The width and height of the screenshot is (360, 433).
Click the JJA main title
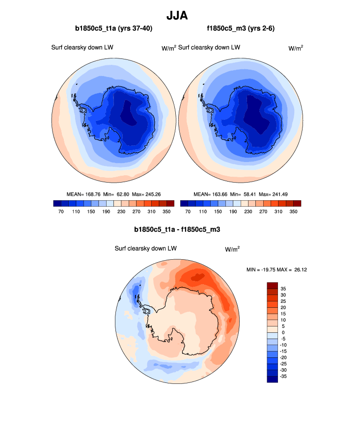[180, 16]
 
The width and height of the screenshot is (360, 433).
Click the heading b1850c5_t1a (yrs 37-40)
[113, 28]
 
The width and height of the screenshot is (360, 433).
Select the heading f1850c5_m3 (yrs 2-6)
[241, 28]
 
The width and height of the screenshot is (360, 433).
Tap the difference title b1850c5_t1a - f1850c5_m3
[180, 229]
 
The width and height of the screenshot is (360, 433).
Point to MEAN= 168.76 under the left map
[83, 194]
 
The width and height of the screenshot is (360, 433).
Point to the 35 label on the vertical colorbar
[283, 289]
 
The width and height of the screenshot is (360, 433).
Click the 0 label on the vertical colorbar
[283, 332]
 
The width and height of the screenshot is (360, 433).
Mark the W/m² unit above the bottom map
[232, 249]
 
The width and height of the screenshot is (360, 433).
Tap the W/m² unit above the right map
[295, 48]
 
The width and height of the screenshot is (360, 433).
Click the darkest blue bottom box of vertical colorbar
[273, 379]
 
